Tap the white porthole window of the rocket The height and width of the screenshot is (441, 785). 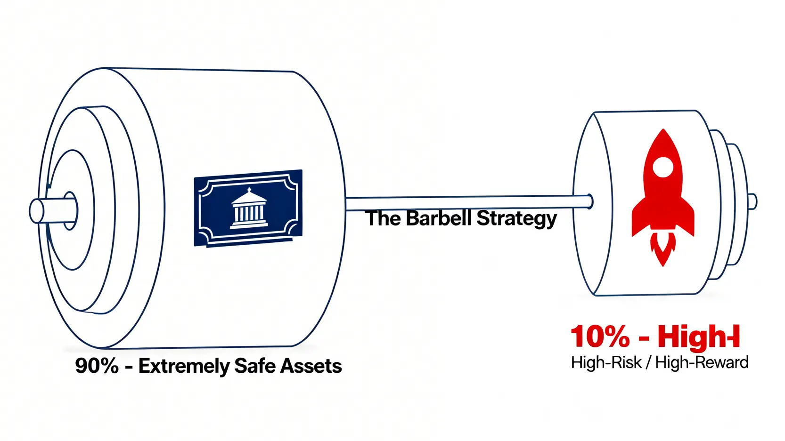pos(663,167)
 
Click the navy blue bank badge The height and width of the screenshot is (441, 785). pos(248,208)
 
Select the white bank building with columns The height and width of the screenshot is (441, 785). pos(249,209)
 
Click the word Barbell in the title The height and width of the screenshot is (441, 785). pos(438,218)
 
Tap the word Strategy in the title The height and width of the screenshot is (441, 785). pos(516,219)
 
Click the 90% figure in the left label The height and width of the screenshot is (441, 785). pos(97,366)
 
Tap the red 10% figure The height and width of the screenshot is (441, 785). pos(600,337)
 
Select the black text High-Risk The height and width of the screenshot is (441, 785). pos(606,362)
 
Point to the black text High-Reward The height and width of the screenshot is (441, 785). pos(702,362)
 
